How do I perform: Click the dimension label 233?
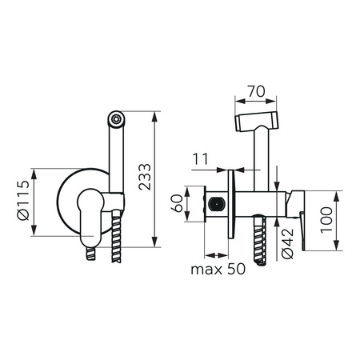[145, 177]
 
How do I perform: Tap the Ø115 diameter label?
[23, 200]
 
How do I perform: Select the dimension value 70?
[256, 91]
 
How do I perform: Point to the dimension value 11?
[200, 159]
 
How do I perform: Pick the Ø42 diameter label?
[287, 244]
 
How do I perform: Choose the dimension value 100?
[326, 220]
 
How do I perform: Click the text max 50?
[218, 270]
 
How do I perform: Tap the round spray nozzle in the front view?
[116, 118]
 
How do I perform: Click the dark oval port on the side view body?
[217, 204]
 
